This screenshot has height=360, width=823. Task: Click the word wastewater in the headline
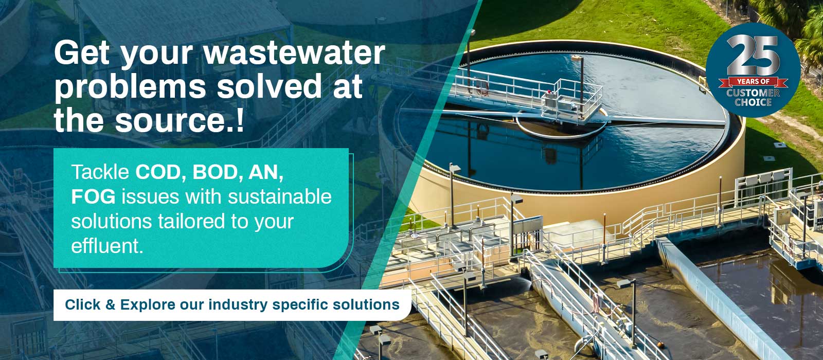[x=294, y=53]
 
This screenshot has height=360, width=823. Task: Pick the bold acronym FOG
[x=93, y=196]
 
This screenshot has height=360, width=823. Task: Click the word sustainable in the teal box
[x=280, y=196]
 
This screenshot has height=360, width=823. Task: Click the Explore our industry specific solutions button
[x=232, y=305]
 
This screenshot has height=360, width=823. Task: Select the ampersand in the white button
[x=110, y=304]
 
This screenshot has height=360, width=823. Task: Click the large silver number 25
[x=753, y=55]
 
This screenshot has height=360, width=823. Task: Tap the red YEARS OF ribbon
[x=753, y=82]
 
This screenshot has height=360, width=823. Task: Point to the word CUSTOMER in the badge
[x=753, y=93]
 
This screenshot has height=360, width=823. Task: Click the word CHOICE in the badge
[x=753, y=102]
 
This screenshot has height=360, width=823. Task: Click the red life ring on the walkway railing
[x=481, y=88]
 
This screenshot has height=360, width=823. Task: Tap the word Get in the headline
[x=82, y=53]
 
